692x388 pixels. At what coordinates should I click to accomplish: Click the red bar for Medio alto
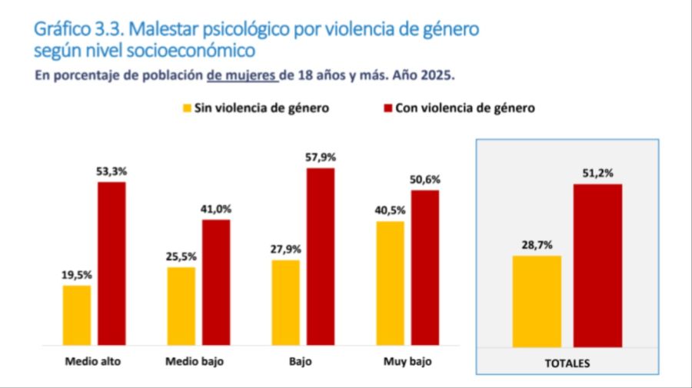click(111, 263)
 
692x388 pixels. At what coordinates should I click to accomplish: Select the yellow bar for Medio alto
click(77, 315)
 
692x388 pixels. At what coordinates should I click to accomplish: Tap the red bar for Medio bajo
click(216, 282)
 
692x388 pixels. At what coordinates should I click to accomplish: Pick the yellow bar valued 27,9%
click(286, 302)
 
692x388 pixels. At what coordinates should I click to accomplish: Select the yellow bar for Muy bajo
click(390, 283)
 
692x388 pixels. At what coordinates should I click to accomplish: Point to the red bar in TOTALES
click(598, 265)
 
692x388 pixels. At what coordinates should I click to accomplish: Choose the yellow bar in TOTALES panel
click(537, 301)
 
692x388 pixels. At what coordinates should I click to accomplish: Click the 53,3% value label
click(111, 172)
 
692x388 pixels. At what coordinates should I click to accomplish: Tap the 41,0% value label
click(216, 209)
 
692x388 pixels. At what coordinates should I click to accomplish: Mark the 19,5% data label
click(77, 274)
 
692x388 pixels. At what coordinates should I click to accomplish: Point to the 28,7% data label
click(537, 244)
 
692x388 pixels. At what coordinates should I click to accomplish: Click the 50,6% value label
click(425, 180)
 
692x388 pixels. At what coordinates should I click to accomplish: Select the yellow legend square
click(187, 108)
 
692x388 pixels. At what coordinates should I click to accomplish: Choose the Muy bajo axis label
click(407, 360)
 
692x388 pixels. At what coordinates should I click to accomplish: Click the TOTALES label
click(567, 363)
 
